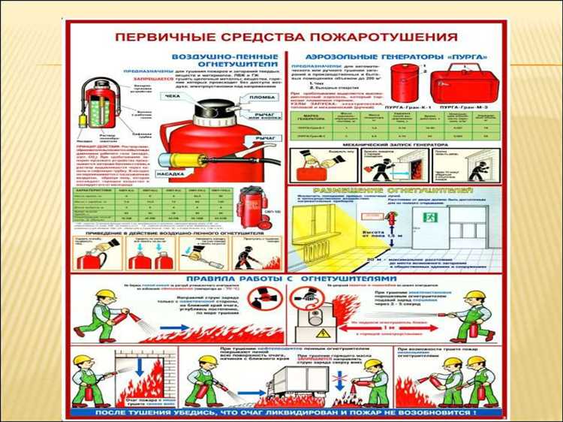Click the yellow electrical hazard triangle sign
[324, 332]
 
